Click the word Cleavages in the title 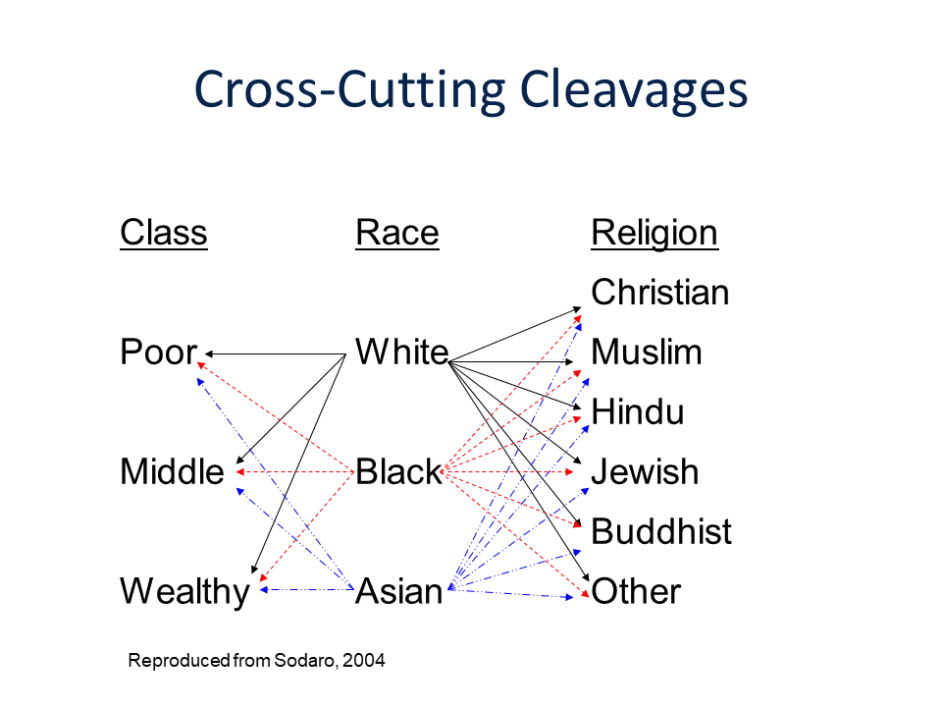click(x=633, y=90)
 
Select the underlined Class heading click(x=164, y=233)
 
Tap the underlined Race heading click(x=397, y=233)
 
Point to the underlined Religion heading click(x=654, y=234)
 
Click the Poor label click(x=159, y=352)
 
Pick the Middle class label click(x=172, y=471)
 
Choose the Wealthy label click(x=185, y=592)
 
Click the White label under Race click(x=402, y=352)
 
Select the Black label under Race click(x=399, y=471)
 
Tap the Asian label click(x=399, y=591)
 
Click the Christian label click(x=659, y=293)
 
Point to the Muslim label click(x=647, y=352)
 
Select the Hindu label click(x=638, y=411)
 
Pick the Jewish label click(x=646, y=471)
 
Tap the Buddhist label click(x=661, y=531)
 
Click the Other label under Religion click(x=636, y=591)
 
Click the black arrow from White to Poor click(x=276, y=354)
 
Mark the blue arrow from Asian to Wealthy click(x=306, y=590)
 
